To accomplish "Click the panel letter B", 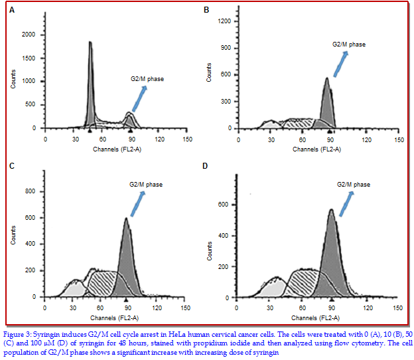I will pos(206,11).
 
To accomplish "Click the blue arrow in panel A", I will pos(139,99).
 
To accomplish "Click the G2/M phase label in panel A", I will pos(146,79).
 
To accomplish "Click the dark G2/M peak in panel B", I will pos(327,103).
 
